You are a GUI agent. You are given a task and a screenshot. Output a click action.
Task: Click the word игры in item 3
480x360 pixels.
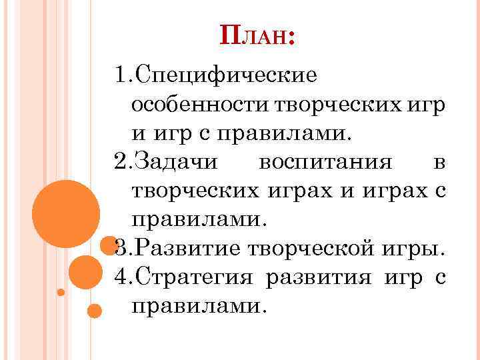tap(417, 250)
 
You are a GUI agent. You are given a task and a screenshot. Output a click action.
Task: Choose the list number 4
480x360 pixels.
tap(121, 277)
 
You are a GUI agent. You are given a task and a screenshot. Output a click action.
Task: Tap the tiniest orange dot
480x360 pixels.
tap(61, 292)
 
